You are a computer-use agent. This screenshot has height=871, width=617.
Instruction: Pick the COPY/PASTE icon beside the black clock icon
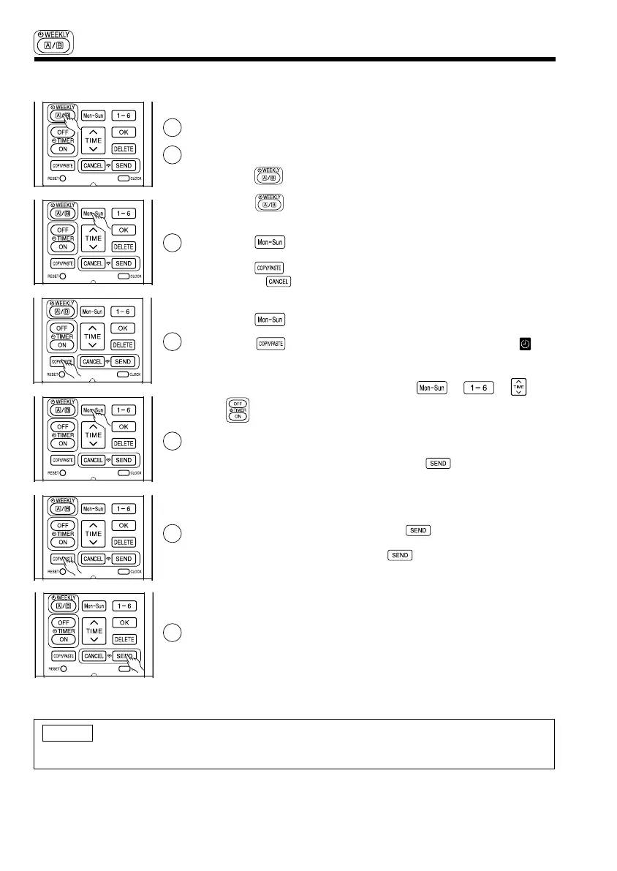point(270,342)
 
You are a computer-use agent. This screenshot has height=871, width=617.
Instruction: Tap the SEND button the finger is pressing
point(124,656)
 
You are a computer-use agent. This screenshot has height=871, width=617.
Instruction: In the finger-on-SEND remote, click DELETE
point(124,640)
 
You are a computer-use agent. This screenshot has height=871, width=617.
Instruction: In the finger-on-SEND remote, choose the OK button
point(124,622)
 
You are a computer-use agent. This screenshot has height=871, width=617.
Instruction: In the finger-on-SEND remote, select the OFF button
point(63,622)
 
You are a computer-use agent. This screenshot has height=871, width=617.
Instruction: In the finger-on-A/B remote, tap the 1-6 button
point(124,116)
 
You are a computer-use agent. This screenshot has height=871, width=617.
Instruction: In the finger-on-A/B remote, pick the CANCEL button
point(94,165)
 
